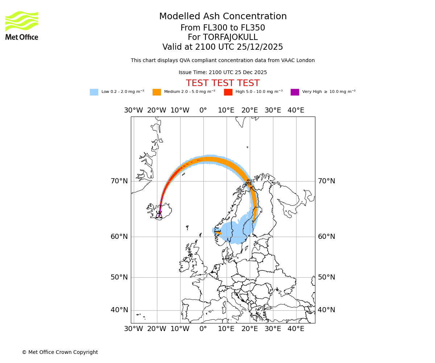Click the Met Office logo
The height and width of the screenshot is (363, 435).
(22, 25)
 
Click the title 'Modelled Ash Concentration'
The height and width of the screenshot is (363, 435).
(223, 16)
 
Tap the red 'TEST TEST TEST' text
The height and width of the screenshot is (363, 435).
(223, 83)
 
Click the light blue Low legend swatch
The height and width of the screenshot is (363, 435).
(94, 92)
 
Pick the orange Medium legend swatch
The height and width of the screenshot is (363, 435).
(157, 92)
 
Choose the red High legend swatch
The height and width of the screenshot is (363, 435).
(228, 92)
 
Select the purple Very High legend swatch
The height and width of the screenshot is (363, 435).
(295, 92)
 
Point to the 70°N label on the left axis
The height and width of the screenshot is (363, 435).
(119, 181)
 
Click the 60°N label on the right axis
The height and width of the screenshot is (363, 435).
(327, 236)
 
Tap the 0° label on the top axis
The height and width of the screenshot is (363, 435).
(203, 110)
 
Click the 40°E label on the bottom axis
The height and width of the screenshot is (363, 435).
(296, 329)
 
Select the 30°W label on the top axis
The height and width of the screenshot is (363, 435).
(133, 110)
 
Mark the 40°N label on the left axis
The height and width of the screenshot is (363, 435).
(119, 310)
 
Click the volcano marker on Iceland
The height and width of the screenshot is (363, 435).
(159, 215)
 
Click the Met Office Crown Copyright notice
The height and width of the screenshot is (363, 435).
(60, 352)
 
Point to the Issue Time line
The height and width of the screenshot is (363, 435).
(223, 72)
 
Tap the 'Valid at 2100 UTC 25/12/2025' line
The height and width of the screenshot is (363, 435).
(223, 47)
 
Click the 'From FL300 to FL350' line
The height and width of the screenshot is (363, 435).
(223, 28)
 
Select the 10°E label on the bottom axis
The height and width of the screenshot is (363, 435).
(226, 329)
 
